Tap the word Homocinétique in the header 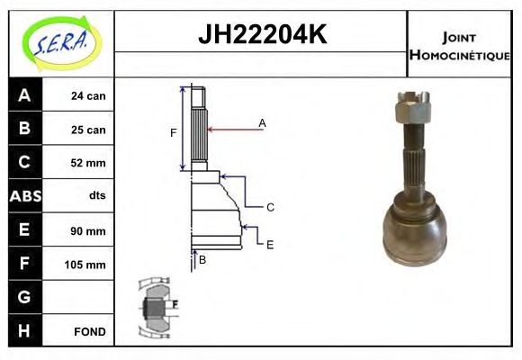pyautogui.click(x=459, y=55)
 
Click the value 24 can pyautogui.click(x=88, y=96)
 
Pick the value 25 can pyautogui.click(x=88, y=130)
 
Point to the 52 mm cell pyautogui.click(x=88, y=163)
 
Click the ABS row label pyautogui.click(x=24, y=196)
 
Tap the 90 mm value pyautogui.click(x=88, y=230)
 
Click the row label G pyautogui.click(x=24, y=297)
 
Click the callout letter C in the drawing pyautogui.click(x=270, y=207)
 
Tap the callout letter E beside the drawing pyautogui.click(x=269, y=244)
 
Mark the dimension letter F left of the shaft pyautogui.click(x=173, y=133)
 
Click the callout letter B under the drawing pyautogui.click(x=203, y=260)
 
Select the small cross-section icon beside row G pyautogui.click(x=155, y=309)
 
